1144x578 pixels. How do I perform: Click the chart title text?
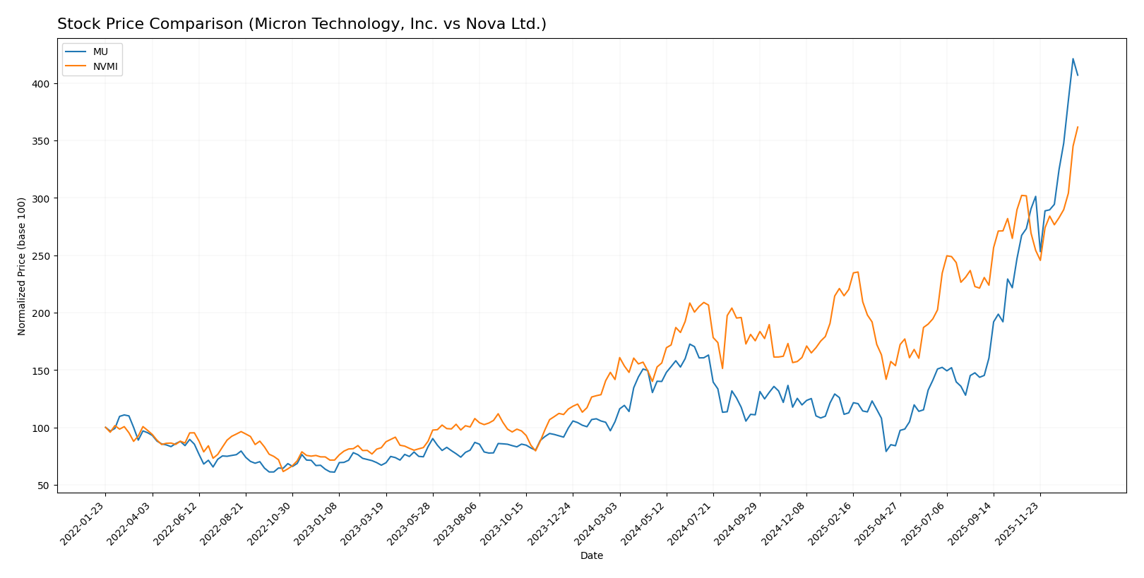click(302, 25)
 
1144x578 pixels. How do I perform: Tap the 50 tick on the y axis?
click(45, 486)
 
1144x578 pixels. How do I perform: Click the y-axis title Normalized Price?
click(22, 266)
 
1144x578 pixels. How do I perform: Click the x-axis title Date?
click(591, 556)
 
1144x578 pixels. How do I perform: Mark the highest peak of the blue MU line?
click(1073, 59)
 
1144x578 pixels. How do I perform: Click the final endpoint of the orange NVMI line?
click(1078, 127)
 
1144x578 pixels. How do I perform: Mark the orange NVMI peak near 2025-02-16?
click(857, 272)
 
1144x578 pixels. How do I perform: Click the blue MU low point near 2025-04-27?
click(886, 451)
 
